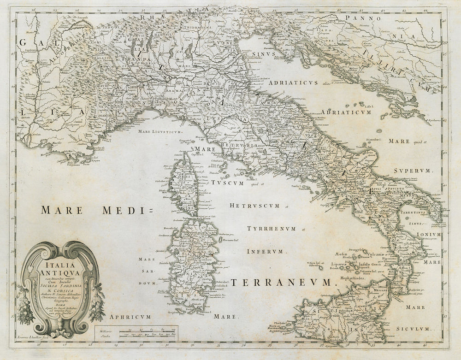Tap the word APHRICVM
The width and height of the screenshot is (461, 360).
tap(129, 317)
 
